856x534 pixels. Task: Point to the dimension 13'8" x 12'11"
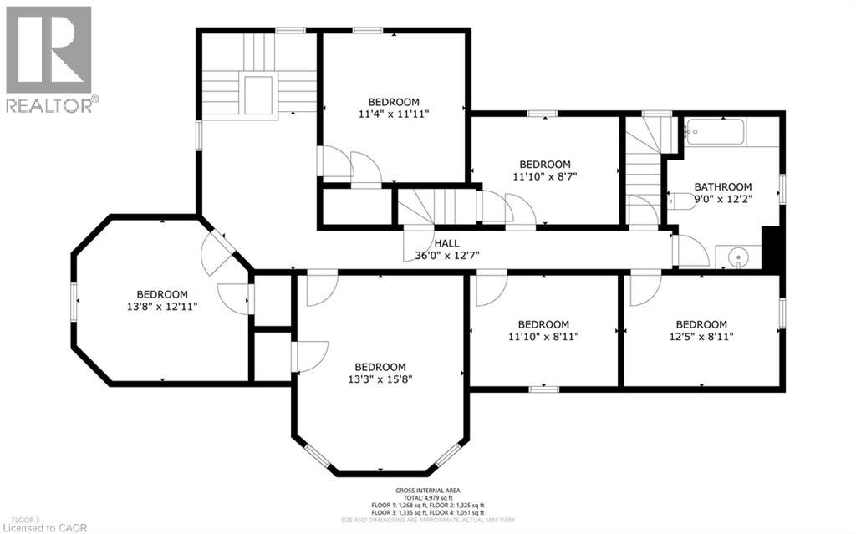[162, 307]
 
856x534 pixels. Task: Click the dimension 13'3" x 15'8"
[380, 379]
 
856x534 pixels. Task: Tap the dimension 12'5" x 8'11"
[701, 337]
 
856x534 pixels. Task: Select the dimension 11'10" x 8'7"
[545, 177]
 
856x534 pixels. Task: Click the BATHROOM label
[723, 187]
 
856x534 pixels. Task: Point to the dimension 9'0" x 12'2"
[723, 200]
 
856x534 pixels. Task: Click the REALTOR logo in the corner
[49, 59]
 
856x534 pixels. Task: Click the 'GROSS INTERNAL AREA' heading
[428, 491]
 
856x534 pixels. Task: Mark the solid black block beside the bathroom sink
[774, 251]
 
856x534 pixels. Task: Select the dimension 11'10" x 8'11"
[543, 337]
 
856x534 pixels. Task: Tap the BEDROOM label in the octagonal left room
[162, 294]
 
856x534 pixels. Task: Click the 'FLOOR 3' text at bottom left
[18, 518]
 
